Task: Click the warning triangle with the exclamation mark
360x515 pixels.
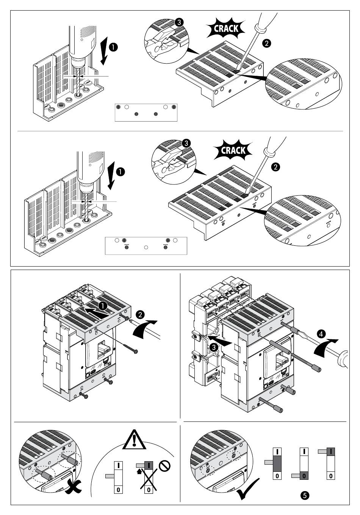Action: point(134,439)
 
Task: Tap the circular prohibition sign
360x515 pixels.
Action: point(164,465)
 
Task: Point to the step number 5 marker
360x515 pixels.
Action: point(304,495)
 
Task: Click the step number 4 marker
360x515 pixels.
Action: point(321,334)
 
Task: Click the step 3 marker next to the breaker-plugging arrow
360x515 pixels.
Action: point(214,346)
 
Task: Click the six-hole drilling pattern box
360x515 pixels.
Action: point(146,112)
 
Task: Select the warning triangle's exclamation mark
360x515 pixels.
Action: point(134,440)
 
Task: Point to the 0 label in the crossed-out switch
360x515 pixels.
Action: point(148,490)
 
